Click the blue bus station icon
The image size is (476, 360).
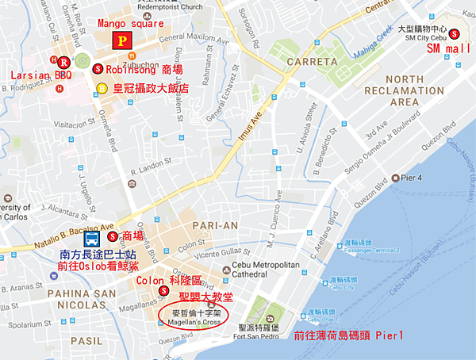pyautogui.click(x=92, y=237)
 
